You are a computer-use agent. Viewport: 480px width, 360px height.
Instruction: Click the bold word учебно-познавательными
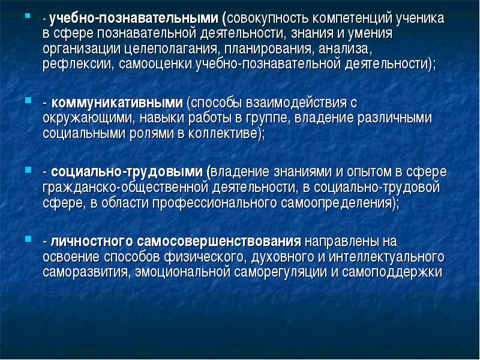(x=134, y=19)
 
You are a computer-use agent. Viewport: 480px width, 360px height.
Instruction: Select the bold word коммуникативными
(x=117, y=103)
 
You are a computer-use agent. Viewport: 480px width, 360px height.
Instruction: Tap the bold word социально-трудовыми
(x=127, y=172)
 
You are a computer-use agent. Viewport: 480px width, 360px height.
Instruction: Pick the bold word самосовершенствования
(x=219, y=241)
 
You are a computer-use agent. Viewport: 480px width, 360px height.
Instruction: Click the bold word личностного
(x=92, y=241)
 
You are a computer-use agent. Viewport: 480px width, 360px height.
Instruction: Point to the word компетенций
(x=352, y=19)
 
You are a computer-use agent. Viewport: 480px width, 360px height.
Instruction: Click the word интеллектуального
(x=386, y=257)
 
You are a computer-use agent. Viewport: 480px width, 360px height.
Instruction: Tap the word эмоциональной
(x=182, y=272)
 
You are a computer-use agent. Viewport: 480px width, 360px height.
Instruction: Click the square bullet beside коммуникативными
(x=28, y=100)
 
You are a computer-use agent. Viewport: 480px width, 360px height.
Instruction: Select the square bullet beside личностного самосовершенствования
(x=28, y=238)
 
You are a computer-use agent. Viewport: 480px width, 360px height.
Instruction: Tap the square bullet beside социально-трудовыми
(x=28, y=169)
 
